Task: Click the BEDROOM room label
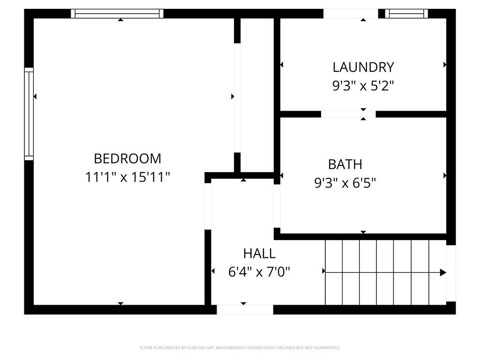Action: coord(127,158)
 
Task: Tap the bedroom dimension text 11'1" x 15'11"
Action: coord(127,178)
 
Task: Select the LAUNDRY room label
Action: coord(363,67)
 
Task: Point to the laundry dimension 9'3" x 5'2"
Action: coord(363,86)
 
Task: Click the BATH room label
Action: coord(345,165)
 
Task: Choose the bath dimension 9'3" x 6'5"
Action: coord(345,183)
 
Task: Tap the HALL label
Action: coord(259,254)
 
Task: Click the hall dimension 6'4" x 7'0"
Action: coord(259,272)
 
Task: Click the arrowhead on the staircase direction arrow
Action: coord(443,272)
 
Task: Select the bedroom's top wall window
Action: coord(117,14)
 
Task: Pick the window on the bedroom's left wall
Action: coord(29,114)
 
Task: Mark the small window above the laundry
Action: coord(406,14)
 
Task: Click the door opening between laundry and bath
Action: coord(348,114)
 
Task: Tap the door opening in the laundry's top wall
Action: coord(351,14)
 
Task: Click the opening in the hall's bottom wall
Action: coord(245,309)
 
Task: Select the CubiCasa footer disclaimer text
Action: coord(240,348)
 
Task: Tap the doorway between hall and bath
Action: coord(277,206)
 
